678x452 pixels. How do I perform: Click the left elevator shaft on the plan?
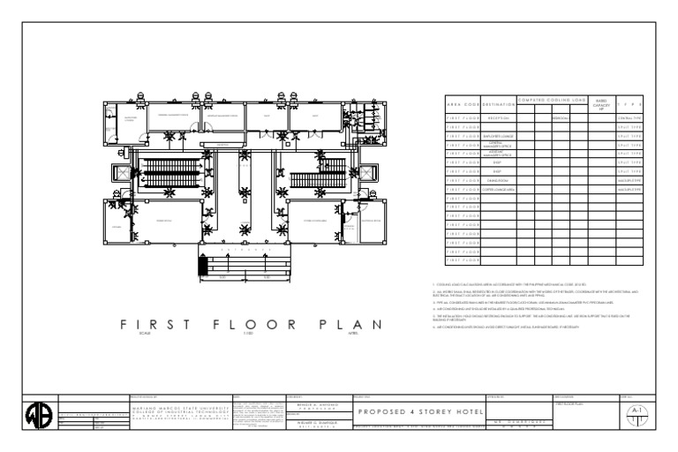click(x=120, y=171)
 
